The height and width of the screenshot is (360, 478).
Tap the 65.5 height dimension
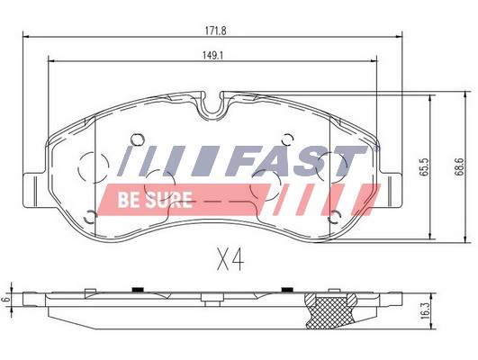[420, 167]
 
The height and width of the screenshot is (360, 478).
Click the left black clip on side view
[137, 290]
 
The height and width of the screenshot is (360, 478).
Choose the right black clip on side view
[286, 290]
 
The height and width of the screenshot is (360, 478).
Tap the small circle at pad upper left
[137, 139]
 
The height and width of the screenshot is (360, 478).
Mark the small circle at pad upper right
[287, 139]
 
